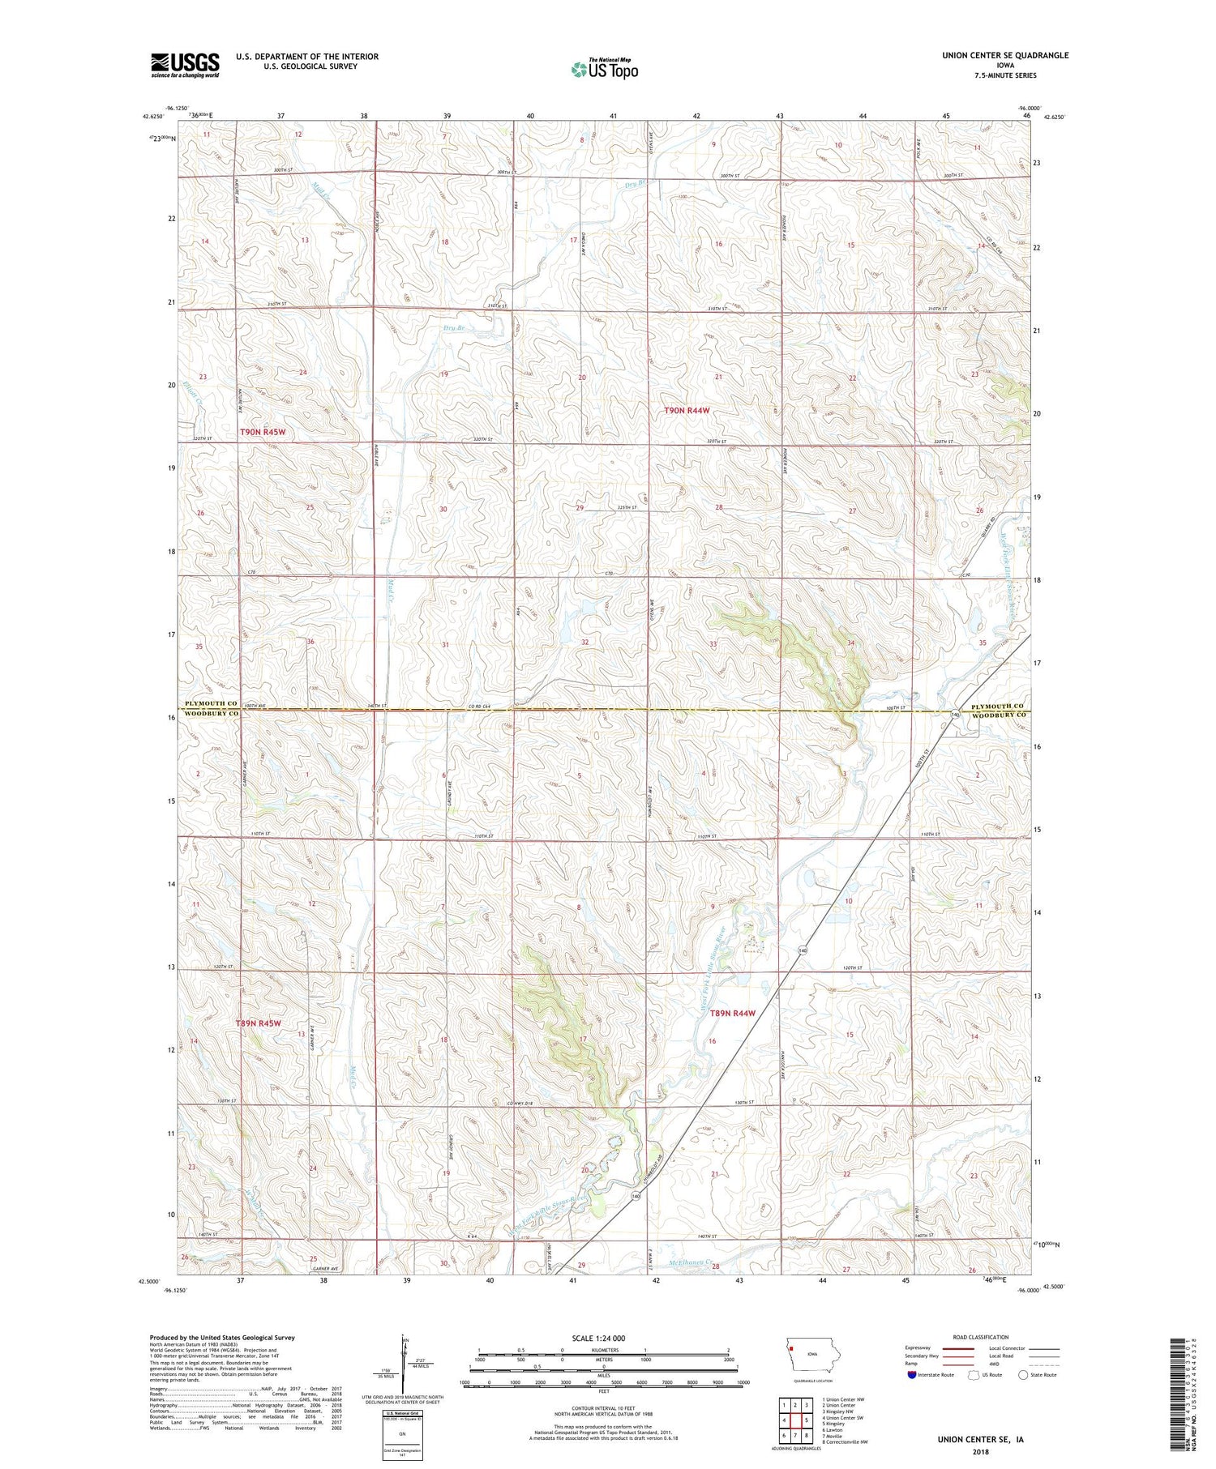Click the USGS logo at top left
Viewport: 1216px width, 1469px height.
(x=185, y=65)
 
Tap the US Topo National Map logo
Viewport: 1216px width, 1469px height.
(x=604, y=69)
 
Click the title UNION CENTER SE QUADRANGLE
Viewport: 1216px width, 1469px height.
(x=994, y=55)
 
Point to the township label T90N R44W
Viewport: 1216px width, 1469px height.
(x=687, y=411)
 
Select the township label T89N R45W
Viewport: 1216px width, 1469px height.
(x=259, y=1023)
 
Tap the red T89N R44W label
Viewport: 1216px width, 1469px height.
(x=733, y=1014)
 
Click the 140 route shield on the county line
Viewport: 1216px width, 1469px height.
(x=957, y=715)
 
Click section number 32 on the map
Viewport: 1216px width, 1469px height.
(x=585, y=642)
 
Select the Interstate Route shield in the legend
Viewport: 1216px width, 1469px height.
(x=912, y=1375)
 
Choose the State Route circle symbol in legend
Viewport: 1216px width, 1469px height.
(x=1023, y=1375)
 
